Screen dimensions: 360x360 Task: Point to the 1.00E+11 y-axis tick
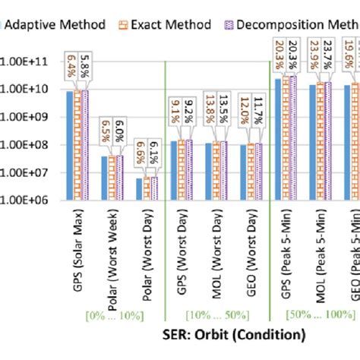[30, 62]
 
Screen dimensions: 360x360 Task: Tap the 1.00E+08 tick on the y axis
[30, 145]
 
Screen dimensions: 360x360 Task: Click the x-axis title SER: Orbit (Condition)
[233, 334]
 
